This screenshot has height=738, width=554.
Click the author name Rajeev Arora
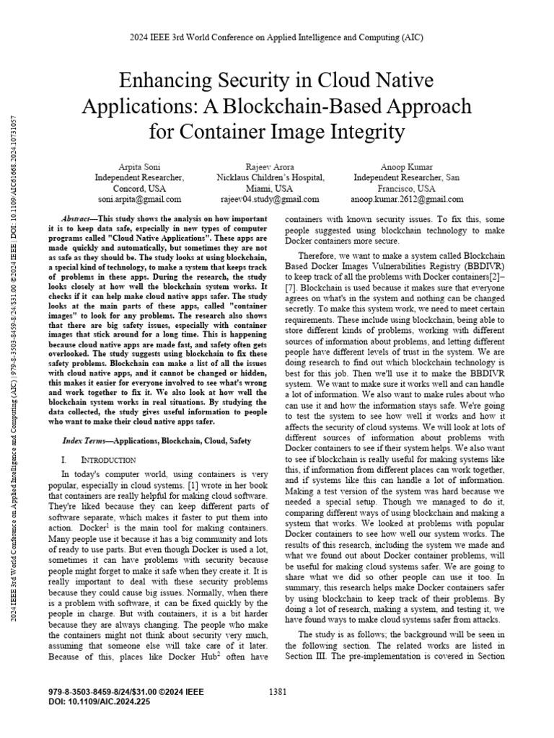tap(271, 166)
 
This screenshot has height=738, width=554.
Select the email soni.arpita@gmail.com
tap(140, 199)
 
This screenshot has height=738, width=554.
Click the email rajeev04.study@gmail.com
tap(271, 199)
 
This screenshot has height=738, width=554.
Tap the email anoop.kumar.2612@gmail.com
tap(407, 199)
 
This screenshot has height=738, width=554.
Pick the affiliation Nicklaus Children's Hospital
tap(271, 177)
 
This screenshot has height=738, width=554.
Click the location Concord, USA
tap(140, 188)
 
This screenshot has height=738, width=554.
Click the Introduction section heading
tap(108, 459)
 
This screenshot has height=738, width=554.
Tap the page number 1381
tap(278, 692)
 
